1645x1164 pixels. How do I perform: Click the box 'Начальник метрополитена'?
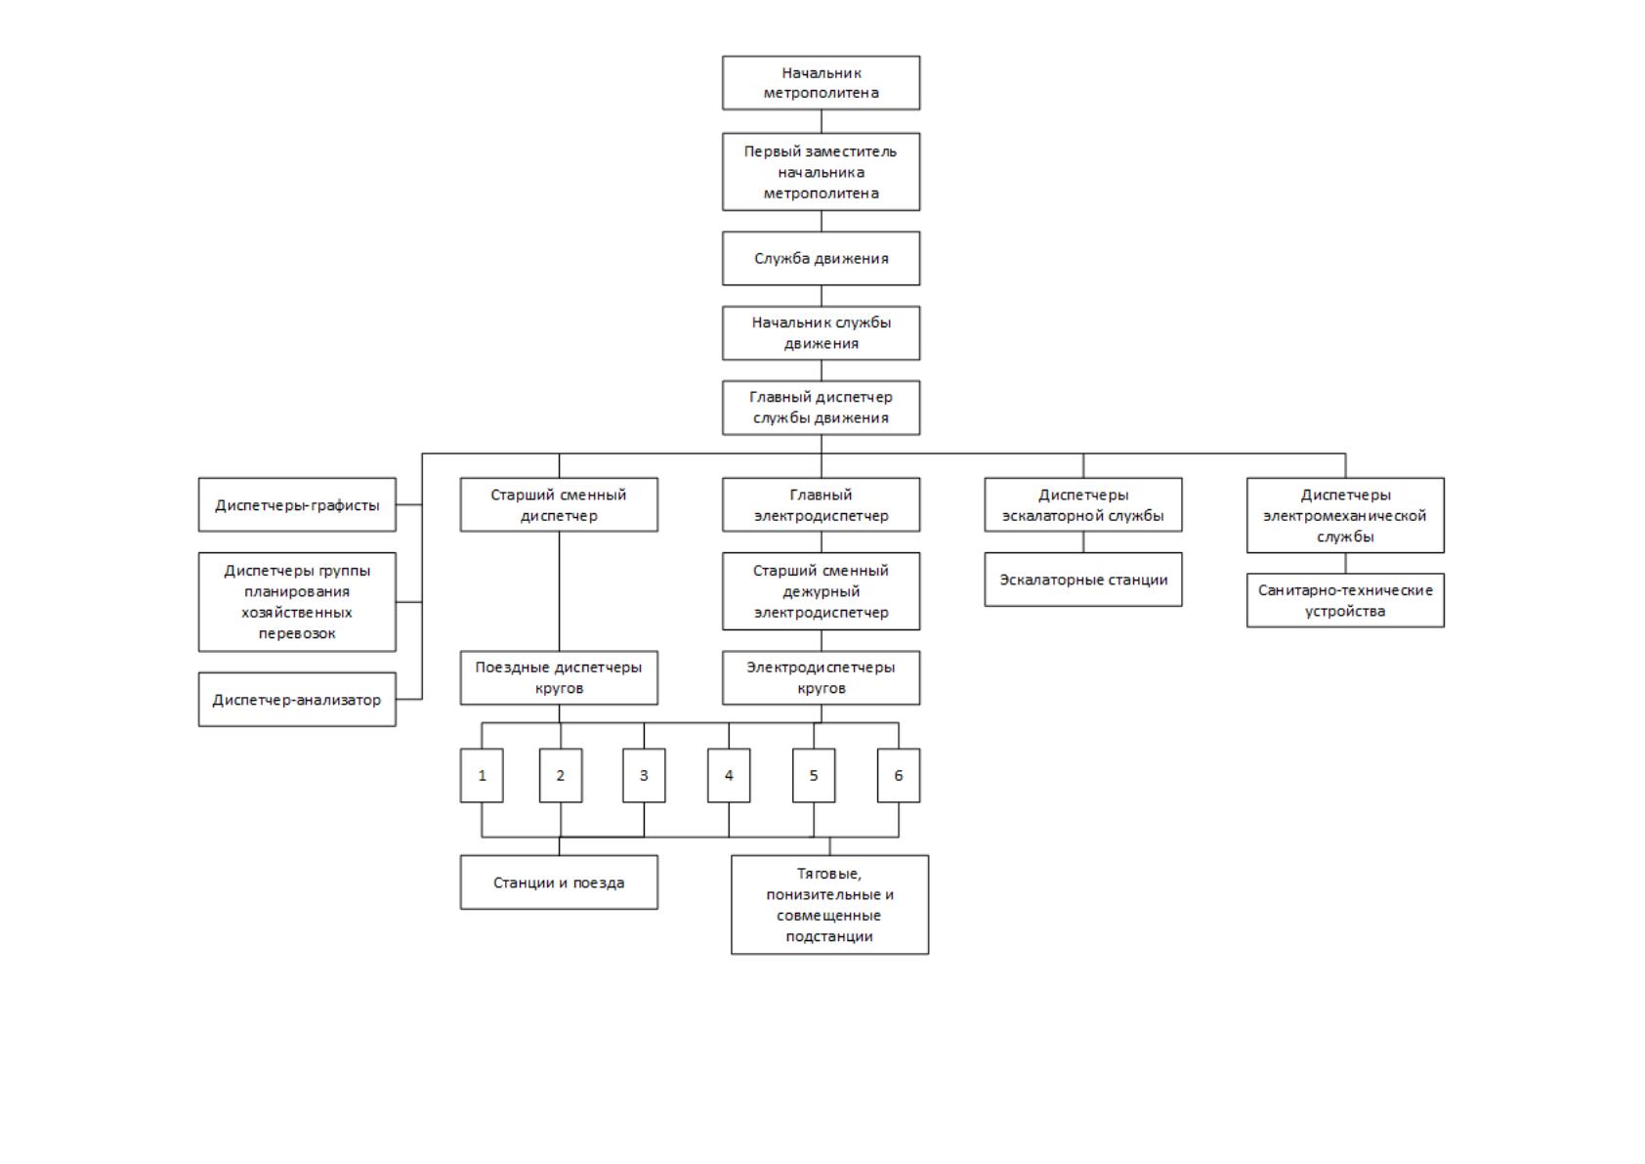(x=821, y=83)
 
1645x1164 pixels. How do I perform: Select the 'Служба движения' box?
(x=821, y=259)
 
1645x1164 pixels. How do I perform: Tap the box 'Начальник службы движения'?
(x=821, y=333)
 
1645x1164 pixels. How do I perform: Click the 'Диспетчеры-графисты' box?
(x=297, y=505)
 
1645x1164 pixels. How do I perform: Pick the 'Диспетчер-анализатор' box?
(x=297, y=700)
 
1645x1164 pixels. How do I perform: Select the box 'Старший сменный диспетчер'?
(x=559, y=505)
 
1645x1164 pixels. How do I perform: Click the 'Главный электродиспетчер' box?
(x=821, y=505)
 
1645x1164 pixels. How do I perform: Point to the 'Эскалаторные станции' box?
(x=1083, y=580)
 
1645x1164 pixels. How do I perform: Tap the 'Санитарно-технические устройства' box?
(x=1345, y=600)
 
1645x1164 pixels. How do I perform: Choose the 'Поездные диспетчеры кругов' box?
(x=559, y=677)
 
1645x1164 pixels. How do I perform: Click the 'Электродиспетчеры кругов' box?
(x=821, y=677)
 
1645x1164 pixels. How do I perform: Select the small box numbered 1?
(x=482, y=775)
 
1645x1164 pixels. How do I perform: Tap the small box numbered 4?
(x=729, y=775)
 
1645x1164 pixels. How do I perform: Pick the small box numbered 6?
(x=898, y=775)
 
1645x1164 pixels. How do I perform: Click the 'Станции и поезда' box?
(x=559, y=883)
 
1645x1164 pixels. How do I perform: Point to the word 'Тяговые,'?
(x=829, y=874)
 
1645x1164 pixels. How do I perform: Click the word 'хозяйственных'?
(x=297, y=612)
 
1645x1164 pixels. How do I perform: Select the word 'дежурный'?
(x=821, y=591)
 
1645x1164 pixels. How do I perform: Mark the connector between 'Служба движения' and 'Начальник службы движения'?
(x=821, y=296)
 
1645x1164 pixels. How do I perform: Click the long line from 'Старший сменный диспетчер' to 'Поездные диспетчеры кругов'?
(x=559, y=591)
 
